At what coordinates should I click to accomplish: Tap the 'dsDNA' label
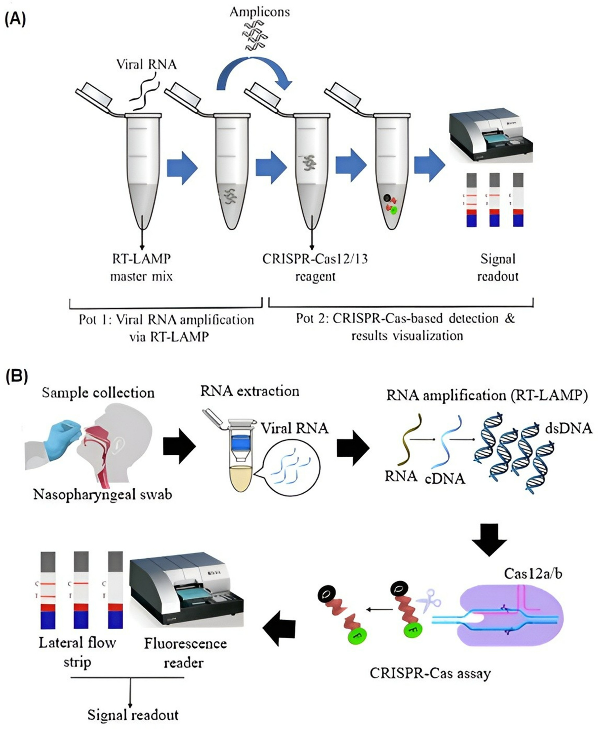568,428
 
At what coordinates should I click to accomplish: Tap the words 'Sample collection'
98,393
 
